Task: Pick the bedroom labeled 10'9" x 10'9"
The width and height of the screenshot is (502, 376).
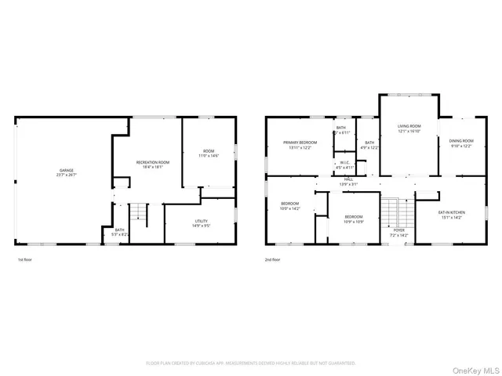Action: pyautogui.click(x=353, y=219)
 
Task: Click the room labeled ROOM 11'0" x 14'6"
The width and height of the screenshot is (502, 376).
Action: pyautogui.click(x=208, y=154)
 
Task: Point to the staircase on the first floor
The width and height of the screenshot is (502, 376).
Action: pyautogui.click(x=138, y=212)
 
